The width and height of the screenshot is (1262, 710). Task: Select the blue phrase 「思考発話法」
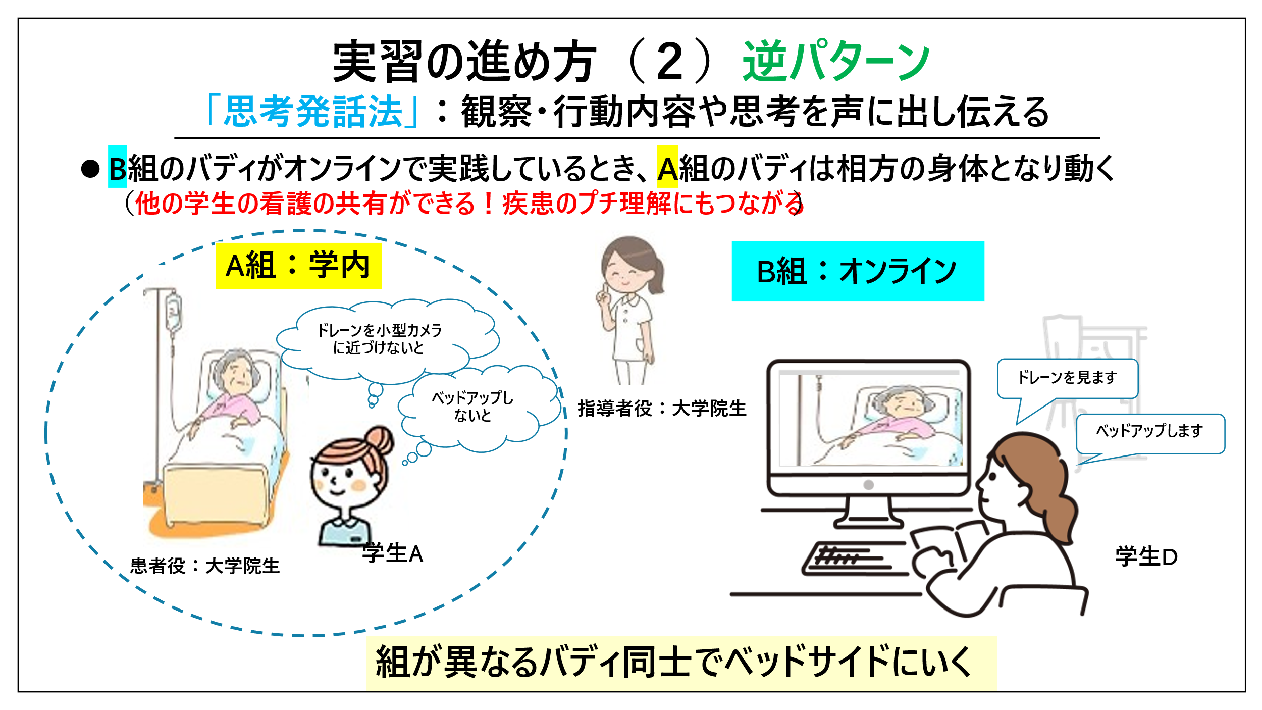point(313,112)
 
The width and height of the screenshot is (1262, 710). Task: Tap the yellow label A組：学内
point(299,266)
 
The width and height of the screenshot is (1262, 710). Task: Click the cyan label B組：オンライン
point(858,272)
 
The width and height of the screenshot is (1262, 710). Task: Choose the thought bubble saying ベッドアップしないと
point(472,407)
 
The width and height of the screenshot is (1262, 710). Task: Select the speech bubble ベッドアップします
point(1150,433)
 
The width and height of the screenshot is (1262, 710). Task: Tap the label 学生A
point(393,553)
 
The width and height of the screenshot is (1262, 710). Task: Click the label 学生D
point(1146,557)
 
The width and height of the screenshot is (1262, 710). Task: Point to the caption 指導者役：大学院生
point(662,408)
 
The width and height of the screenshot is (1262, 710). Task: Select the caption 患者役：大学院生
point(205,566)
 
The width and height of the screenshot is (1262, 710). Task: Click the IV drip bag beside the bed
point(174,313)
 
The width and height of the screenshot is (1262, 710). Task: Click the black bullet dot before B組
point(90,169)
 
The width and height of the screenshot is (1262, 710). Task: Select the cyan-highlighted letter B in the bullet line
point(118,167)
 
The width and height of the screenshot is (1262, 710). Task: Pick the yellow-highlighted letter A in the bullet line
point(667,167)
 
